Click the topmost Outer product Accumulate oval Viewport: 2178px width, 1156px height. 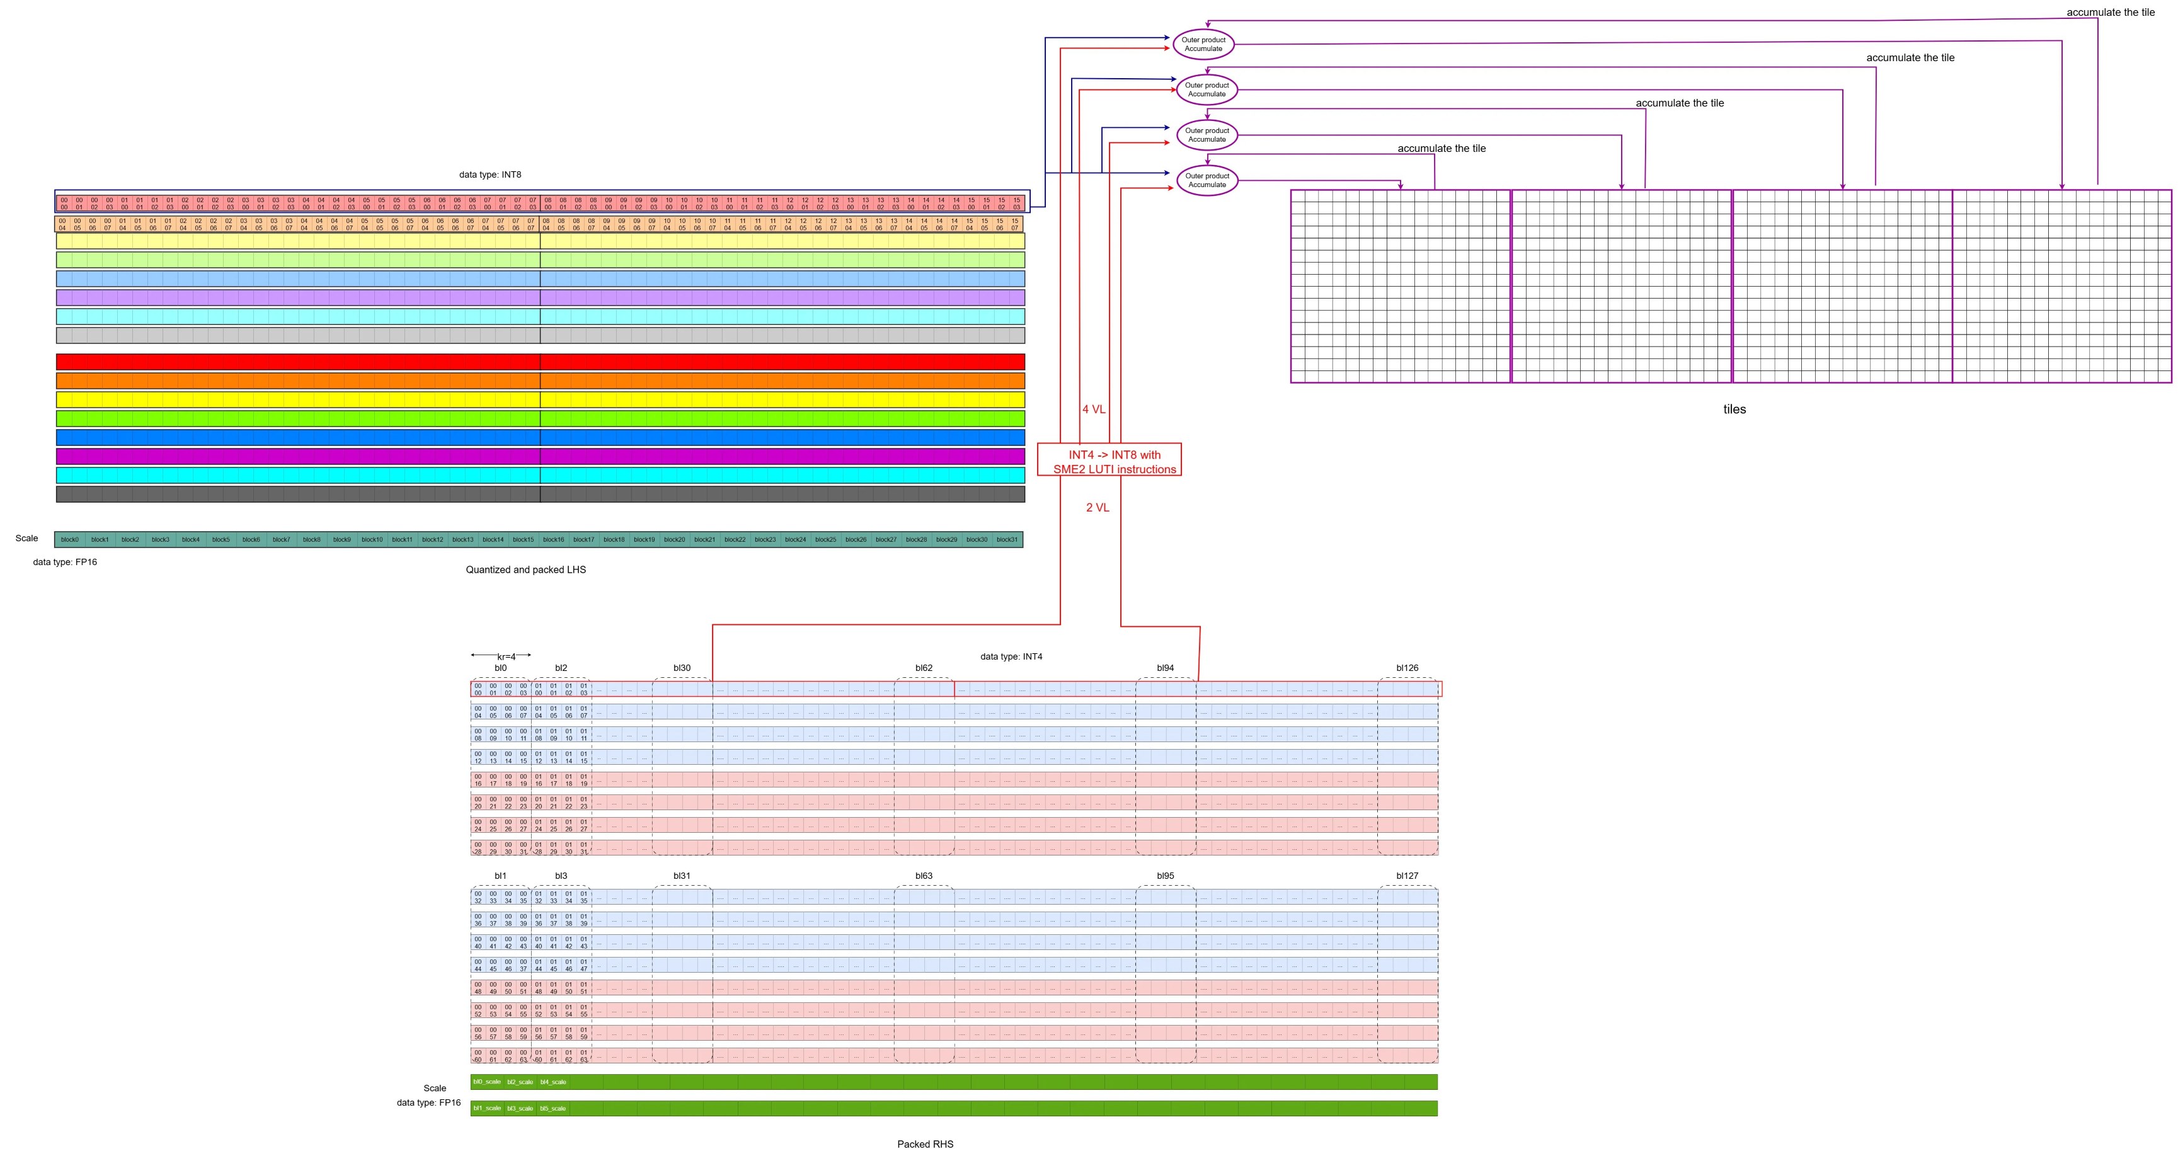1203,44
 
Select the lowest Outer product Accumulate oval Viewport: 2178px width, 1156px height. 1206,180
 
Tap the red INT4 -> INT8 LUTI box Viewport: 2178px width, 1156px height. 1109,462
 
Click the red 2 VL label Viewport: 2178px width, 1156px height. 1098,507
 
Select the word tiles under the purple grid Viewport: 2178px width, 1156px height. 1734,409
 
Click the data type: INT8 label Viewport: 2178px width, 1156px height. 490,175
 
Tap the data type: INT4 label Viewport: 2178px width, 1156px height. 1011,656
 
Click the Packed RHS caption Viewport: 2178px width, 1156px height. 925,1144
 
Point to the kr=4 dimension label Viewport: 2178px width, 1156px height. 506,657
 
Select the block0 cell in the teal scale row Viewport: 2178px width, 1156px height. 69,539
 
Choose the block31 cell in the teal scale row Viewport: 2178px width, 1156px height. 1006,539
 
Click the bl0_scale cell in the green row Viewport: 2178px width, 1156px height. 487,1082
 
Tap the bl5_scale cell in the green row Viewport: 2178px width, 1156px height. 553,1109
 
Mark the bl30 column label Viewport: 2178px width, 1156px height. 682,668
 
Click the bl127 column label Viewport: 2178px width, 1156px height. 1407,876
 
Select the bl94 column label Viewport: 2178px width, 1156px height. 1165,668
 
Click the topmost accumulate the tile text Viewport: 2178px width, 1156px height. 2111,13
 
